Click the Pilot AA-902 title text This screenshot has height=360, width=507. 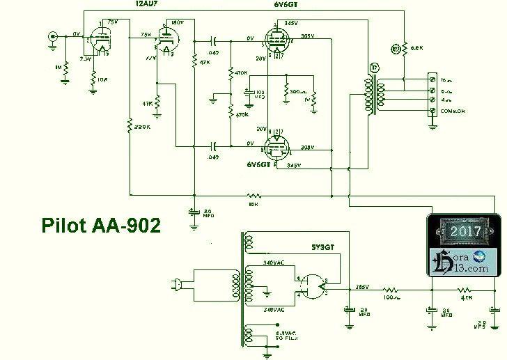[x=101, y=225]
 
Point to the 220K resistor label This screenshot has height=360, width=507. [x=143, y=127]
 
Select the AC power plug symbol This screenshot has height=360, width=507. [x=174, y=283]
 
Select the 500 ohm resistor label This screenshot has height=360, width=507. [x=297, y=91]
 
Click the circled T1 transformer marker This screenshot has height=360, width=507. [x=374, y=68]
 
